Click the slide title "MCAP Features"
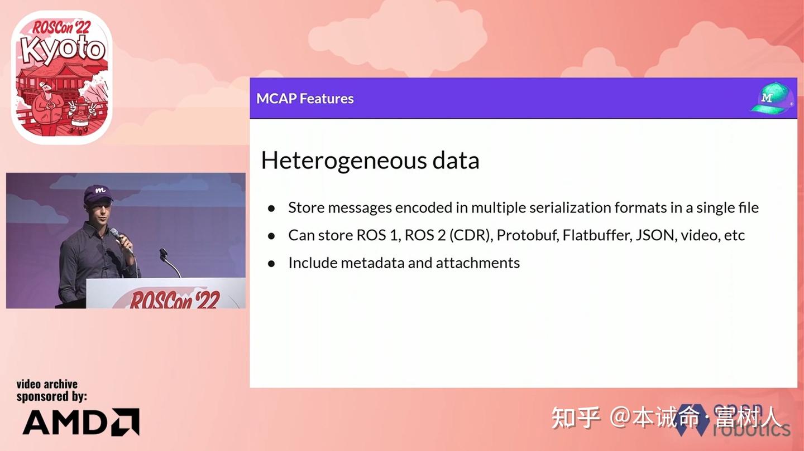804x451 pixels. tap(305, 99)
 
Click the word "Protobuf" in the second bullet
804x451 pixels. tap(527, 235)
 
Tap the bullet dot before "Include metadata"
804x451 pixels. tap(271, 263)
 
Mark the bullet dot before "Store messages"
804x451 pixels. tap(271, 208)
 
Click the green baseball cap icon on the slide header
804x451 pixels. tap(772, 99)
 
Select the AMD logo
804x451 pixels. tap(80, 421)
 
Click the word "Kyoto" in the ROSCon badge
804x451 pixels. tap(63, 49)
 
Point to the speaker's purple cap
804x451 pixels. tap(98, 193)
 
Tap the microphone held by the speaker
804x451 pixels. tap(118, 237)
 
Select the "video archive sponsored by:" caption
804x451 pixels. tap(51, 390)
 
